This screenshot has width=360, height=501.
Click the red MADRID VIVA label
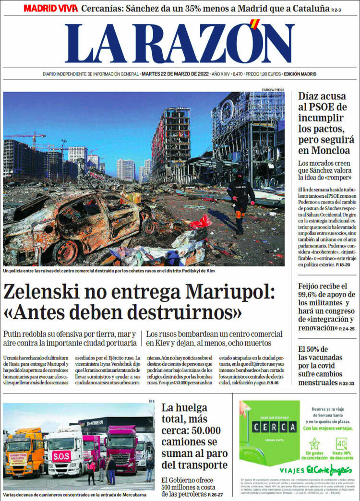(50, 9)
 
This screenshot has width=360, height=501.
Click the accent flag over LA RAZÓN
(255, 23)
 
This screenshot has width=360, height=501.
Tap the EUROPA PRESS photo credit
(273, 90)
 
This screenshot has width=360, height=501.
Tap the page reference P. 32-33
(346, 384)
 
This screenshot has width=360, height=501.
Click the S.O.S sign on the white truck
(61, 455)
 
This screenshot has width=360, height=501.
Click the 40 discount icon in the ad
(341, 443)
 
